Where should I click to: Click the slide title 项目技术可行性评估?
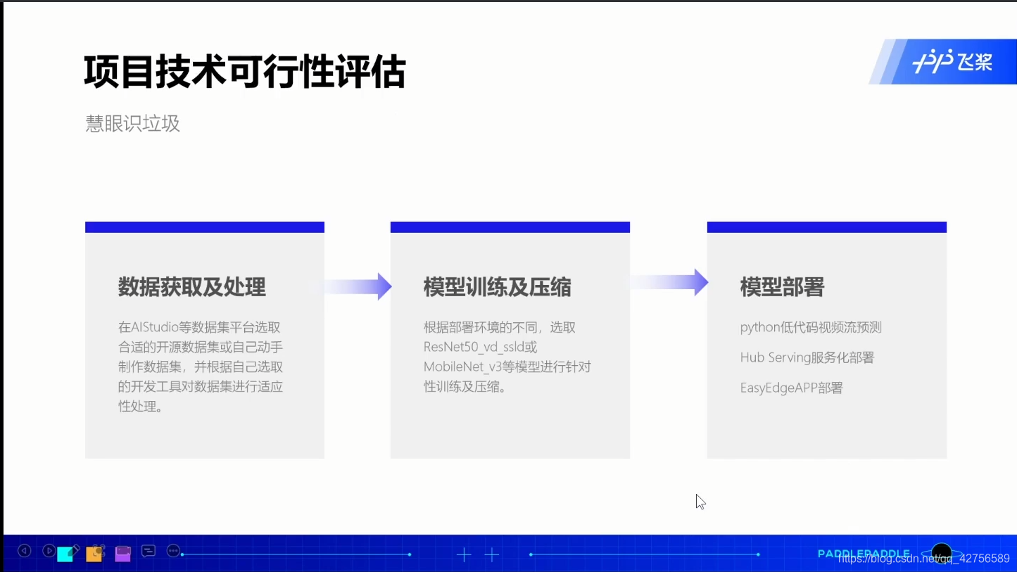click(x=244, y=72)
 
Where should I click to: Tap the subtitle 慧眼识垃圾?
click(x=133, y=124)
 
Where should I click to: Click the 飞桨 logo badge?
click(x=952, y=62)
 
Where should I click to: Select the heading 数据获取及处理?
click(x=191, y=287)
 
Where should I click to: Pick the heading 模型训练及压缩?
click(x=497, y=287)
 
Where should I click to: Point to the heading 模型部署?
click(x=782, y=287)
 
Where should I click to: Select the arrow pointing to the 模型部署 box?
click(x=669, y=282)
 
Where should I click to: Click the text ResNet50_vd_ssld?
click(x=473, y=347)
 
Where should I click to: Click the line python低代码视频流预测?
click(x=811, y=327)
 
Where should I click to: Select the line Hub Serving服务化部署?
click(x=807, y=357)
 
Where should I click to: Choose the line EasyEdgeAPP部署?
click(x=791, y=388)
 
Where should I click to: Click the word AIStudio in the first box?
click(x=158, y=327)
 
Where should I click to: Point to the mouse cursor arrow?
click(x=700, y=500)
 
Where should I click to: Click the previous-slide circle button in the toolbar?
click(x=25, y=551)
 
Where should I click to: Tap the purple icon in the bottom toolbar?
click(x=123, y=553)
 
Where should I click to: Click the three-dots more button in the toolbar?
click(x=173, y=551)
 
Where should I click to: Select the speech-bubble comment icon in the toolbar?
click(x=149, y=551)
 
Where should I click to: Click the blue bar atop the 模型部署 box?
click(x=826, y=227)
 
